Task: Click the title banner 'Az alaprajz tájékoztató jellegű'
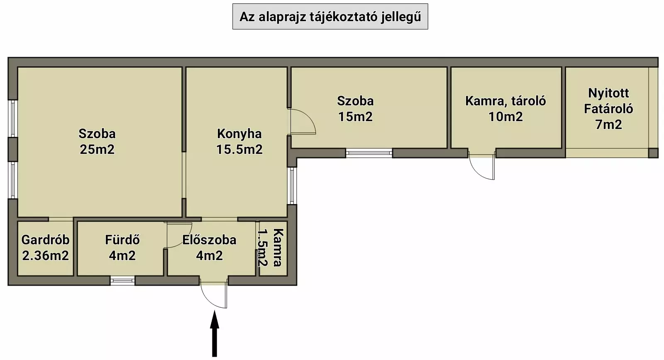[330, 17]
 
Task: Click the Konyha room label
[239, 134]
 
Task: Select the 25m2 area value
[97, 149]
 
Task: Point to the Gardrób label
[45, 240]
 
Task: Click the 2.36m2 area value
[45, 255]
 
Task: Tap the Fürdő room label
[122, 240]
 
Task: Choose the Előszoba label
[209, 240]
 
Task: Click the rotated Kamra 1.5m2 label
[270, 248]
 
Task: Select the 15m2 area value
[355, 117]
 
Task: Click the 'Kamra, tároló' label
[505, 101]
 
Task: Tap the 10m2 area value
[505, 117]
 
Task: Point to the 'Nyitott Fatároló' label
[608, 101]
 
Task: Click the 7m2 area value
[608, 124]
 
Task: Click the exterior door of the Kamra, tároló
[483, 167]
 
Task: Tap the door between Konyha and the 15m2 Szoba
[302, 122]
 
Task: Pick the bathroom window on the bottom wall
[122, 281]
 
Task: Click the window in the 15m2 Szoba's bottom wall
[369, 153]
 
